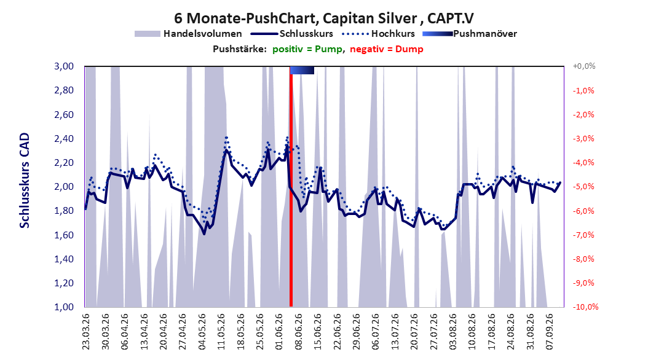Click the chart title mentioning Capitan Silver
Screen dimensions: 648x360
pyautogui.click(x=323, y=18)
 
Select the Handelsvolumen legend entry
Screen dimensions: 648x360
pyautogui.click(x=188, y=34)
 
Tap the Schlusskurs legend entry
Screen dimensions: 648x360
pyautogui.click(x=292, y=34)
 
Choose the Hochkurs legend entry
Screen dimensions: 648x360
pyautogui.click(x=378, y=34)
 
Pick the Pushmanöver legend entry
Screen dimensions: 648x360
pyautogui.click(x=470, y=34)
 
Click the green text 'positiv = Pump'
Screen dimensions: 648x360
pyautogui.click(x=307, y=49)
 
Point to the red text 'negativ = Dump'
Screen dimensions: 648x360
pyautogui.click(x=387, y=49)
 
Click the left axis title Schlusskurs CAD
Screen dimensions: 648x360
pyautogui.click(x=25, y=181)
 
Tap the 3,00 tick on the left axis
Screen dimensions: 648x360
pyautogui.click(x=64, y=66)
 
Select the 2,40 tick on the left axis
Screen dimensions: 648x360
pyautogui.click(x=64, y=138)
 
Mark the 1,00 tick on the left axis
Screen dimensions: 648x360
pyautogui.click(x=64, y=307)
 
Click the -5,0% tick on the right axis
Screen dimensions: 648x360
pyautogui.click(x=583, y=187)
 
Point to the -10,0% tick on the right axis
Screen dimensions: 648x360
pyautogui.click(x=585, y=307)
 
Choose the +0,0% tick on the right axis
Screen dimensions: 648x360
pyautogui.click(x=584, y=66)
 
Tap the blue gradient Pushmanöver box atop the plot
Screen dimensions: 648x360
pyautogui.click(x=302, y=70)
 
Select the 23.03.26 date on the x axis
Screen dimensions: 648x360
pyautogui.click(x=86, y=332)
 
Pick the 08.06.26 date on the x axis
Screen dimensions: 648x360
pyautogui.click(x=298, y=332)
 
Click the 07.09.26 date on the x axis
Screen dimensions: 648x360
pyautogui.click(x=550, y=332)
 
